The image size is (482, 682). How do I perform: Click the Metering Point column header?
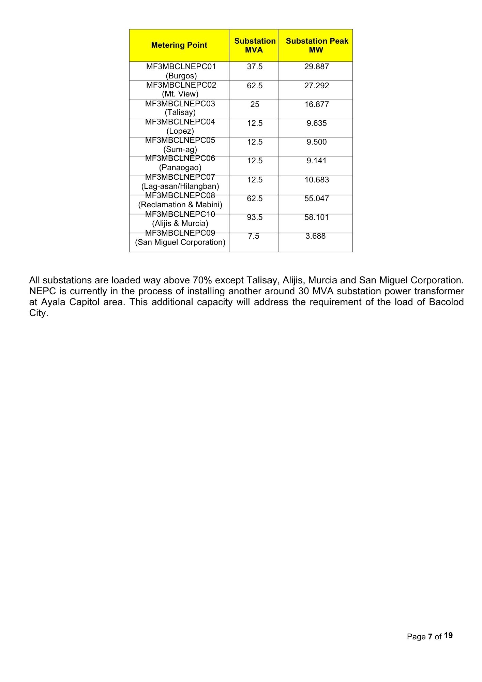click(x=179, y=45)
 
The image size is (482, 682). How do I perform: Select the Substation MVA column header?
click(x=255, y=45)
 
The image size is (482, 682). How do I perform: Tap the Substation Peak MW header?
click(x=317, y=45)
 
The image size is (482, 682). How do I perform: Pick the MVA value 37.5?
click(x=255, y=66)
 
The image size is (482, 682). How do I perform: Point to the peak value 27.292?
click(x=317, y=86)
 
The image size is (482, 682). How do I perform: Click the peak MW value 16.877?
click(x=317, y=104)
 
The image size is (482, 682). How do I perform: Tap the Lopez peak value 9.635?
click(x=317, y=123)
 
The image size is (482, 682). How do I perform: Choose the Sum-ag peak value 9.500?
click(x=317, y=142)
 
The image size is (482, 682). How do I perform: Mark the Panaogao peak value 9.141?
click(x=317, y=161)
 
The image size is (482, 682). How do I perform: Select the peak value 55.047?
click(x=317, y=198)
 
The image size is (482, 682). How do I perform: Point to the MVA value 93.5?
click(x=255, y=217)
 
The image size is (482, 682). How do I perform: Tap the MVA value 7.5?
click(x=254, y=236)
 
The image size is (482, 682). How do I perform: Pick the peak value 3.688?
click(x=316, y=236)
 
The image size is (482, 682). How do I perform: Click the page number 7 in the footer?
click(x=430, y=637)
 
